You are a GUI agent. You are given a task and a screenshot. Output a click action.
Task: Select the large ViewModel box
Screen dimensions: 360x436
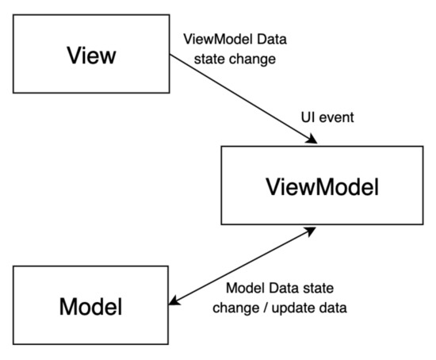[322, 187]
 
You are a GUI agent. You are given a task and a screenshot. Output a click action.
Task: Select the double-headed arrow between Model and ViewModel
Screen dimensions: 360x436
[243, 265]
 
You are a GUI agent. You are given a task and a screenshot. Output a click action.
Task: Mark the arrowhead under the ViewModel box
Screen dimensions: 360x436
[311, 229]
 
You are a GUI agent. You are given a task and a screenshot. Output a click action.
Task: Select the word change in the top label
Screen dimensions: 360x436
[253, 60]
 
